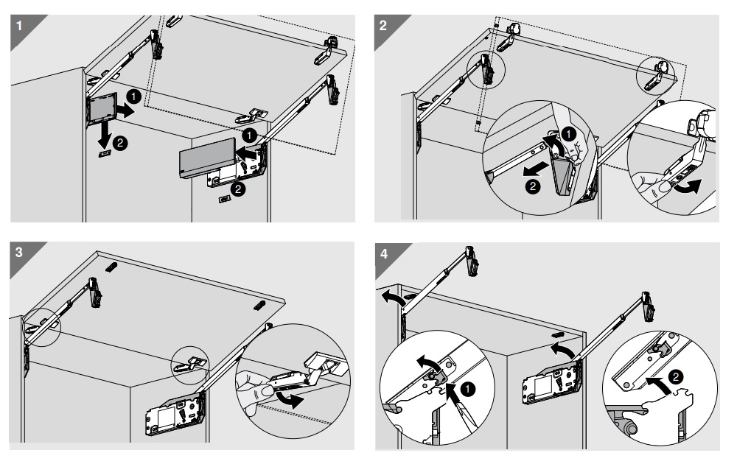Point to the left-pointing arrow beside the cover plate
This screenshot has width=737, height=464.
click(x=245, y=153)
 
